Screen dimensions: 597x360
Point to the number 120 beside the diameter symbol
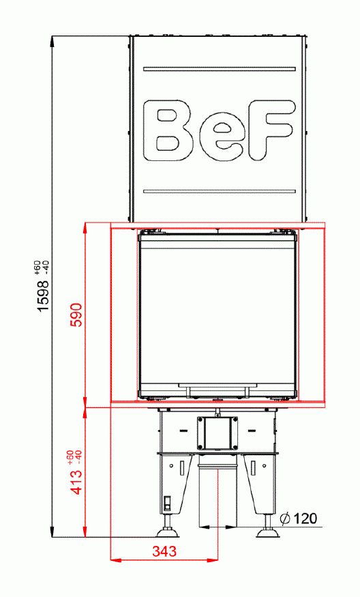click(306, 519)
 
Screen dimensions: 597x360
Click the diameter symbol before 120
click(286, 519)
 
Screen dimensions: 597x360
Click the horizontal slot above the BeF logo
click(219, 68)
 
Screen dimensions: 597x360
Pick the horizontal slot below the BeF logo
click(219, 190)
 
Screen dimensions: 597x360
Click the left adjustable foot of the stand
click(167, 531)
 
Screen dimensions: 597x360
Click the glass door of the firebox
click(217, 310)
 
